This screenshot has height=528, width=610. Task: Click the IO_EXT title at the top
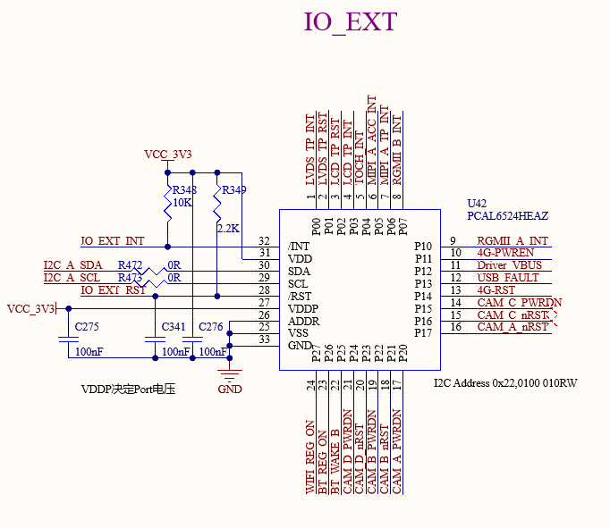tap(350, 22)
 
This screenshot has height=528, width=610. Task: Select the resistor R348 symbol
tap(168, 208)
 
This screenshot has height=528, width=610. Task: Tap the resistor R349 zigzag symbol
tap(217, 208)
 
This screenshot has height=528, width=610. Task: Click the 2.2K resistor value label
tap(228, 229)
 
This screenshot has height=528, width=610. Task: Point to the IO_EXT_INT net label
tap(112, 241)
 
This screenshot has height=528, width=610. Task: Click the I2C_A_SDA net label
tap(72, 265)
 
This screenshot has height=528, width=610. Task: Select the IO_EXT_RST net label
tap(113, 290)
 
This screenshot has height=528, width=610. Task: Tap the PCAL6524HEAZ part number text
tap(507, 216)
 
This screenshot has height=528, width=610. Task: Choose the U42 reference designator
tap(479, 204)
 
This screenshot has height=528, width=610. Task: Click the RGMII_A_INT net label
tap(512, 240)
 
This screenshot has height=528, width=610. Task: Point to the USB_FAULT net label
tap(507, 278)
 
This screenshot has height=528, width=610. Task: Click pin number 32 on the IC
tap(264, 241)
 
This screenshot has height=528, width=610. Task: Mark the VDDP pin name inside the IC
tap(302, 308)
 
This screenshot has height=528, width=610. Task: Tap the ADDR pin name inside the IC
tap(302, 321)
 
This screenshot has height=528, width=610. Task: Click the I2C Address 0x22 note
tap(504, 383)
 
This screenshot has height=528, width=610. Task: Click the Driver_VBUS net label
tap(509, 265)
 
